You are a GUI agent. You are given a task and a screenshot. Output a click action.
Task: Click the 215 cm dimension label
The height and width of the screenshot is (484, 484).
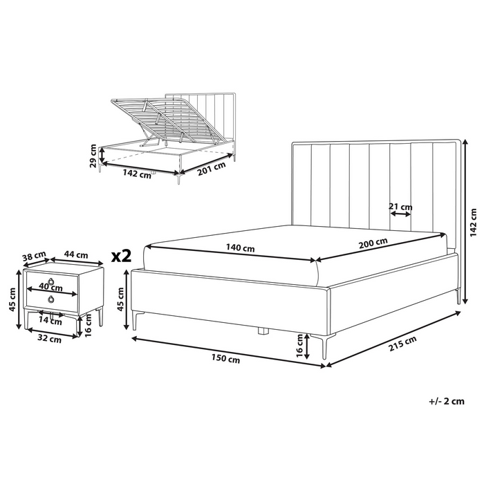click(402, 343)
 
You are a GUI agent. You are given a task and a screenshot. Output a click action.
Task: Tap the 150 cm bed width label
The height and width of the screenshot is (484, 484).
click(225, 359)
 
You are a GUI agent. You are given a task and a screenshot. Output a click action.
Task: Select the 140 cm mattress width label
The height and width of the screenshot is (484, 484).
click(240, 248)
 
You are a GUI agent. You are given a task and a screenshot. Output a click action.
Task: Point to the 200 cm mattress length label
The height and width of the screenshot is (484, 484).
click(373, 243)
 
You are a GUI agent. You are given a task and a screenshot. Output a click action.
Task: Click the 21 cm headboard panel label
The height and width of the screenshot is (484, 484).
click(400, 207)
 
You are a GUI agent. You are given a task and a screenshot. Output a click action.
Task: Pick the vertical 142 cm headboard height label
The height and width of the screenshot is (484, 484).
click(473, 223)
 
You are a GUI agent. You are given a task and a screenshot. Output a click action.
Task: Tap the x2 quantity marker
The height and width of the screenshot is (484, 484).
click(121, 256)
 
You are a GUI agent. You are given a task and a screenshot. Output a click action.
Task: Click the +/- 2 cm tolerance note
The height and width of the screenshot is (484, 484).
click(447, 401)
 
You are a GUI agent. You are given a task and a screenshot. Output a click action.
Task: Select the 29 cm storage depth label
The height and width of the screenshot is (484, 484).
click(93, 156)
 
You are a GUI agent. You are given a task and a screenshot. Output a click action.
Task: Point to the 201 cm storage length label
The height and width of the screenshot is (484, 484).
click(212, 169)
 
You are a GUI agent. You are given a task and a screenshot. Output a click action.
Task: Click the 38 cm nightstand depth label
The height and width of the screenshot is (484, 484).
click(35, 257)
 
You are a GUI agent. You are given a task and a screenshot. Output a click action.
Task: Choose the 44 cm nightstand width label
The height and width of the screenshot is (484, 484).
click(76, 254)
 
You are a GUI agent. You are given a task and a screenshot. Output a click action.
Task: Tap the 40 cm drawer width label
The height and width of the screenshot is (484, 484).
click(50, 288)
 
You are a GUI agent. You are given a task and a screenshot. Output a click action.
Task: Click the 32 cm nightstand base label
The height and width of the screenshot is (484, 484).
click(49, 339)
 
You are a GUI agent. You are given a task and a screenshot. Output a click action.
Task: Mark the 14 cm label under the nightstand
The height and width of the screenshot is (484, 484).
click(50, 322)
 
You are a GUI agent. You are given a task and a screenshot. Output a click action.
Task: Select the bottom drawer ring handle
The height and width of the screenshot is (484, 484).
click(50, 299)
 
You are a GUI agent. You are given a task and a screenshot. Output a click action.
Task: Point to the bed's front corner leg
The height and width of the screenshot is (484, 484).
click(324, 347)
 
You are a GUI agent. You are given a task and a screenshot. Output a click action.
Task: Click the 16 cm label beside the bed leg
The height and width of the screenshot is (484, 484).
click(299, 346)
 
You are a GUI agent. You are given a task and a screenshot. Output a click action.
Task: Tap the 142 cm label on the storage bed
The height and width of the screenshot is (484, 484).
click(137, 174)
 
